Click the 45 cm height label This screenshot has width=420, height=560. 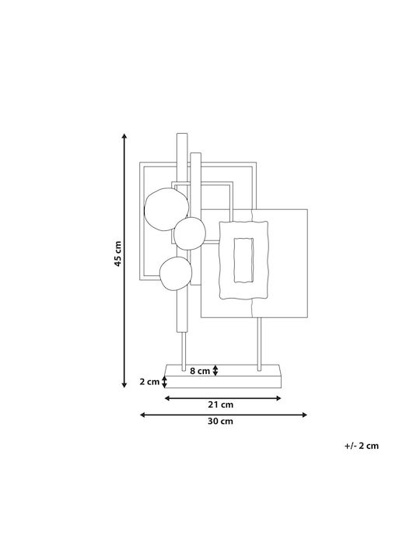pyautogui.click(x=118, y=254)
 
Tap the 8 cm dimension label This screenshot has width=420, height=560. pyautogui.click(x=200, y=371)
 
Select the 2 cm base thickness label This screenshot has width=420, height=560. pyautogui.click(x=149, y=382)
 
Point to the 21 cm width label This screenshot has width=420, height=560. pyautogui.click(x=220, y=404)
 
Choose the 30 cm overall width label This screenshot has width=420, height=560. pyautogui.click(x=220, y=421)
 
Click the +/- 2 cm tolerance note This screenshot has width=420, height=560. pyautogui.click(x=362, y=446)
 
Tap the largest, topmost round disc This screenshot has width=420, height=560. pyautogui.click(x=166, y=209)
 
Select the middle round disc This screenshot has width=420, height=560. pyautogui.click(x=190, y=233)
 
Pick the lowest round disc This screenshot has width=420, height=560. pyautogui.click(x=176, y=273)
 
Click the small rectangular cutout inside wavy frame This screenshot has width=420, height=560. pyautogui.click(x=244, y=260)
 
